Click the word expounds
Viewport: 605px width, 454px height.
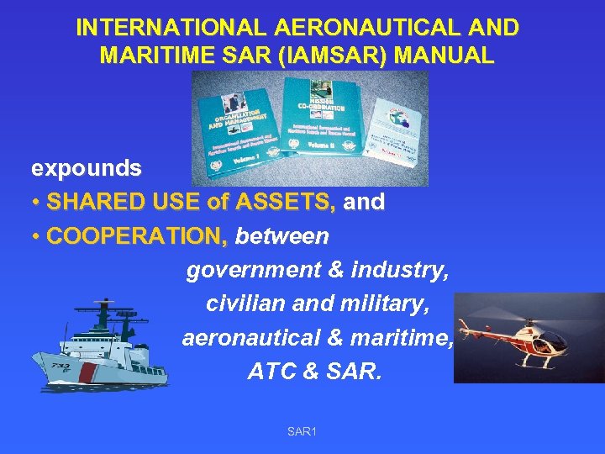(86, 168)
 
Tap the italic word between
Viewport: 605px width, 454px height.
(282, 236)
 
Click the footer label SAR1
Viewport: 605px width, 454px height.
(302, 431)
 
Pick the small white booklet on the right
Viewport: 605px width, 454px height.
(397, 132)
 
